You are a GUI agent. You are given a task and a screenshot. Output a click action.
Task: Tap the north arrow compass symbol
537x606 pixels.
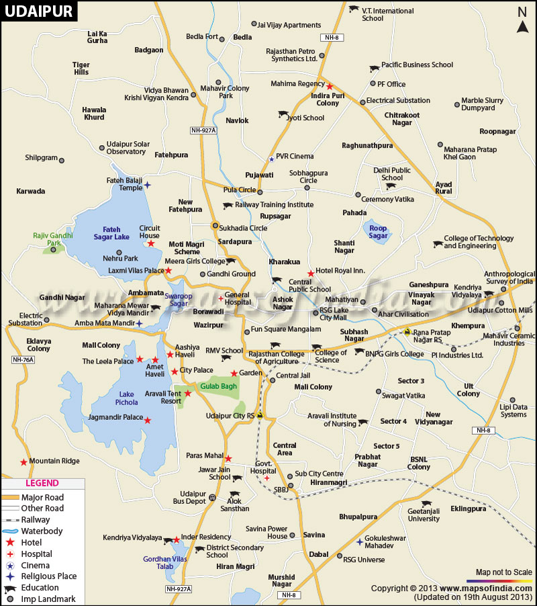point(522,19)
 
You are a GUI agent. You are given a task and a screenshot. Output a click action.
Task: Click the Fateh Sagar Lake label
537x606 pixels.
point(111,232)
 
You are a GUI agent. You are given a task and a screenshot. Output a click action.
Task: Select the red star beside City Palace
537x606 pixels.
point(175,371)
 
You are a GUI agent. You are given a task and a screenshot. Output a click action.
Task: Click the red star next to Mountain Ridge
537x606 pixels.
point(23,462)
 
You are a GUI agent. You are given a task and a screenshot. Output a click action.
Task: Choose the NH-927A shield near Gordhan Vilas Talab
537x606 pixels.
point(178,589)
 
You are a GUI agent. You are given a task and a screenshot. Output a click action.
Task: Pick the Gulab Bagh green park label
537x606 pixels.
point(215,386)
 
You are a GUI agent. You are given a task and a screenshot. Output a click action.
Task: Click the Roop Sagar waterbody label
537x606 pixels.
point(379,232)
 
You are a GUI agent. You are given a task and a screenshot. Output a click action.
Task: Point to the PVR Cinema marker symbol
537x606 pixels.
point(271,159)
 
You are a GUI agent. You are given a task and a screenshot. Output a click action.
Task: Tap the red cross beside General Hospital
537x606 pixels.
point(220,298)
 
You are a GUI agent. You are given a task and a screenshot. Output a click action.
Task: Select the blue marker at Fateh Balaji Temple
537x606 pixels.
point(148,185)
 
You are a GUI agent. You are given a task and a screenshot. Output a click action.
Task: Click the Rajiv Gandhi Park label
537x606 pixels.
point(52,239)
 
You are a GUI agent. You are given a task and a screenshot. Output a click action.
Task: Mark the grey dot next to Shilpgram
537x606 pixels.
point(62,160)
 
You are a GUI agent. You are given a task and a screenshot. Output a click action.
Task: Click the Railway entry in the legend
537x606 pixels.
point(35,519)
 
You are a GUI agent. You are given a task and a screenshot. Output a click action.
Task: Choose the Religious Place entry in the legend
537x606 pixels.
point(48,576)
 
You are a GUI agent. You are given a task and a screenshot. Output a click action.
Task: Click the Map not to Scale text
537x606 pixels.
point(503,572)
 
